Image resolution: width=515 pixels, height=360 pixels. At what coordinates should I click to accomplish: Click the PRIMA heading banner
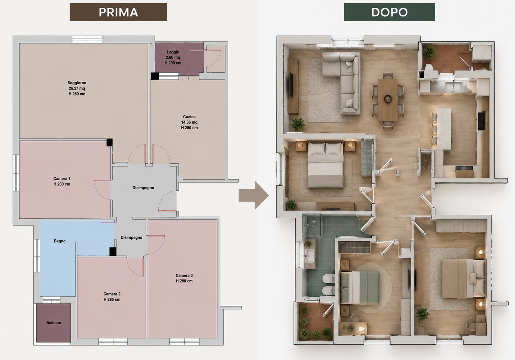118,12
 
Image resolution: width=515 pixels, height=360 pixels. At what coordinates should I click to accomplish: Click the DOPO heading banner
389,12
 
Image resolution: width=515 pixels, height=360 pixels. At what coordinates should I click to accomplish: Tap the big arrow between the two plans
254,196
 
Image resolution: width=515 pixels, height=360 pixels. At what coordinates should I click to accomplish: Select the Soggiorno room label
77,88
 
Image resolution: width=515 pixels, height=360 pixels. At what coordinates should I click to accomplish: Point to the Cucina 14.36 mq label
189,122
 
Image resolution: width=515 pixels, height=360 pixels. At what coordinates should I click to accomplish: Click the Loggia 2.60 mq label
173,58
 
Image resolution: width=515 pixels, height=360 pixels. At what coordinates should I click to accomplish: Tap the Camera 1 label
62,181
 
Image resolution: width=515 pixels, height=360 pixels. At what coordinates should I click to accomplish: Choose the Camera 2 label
112,297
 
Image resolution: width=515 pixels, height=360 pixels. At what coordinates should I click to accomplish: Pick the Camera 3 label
184,278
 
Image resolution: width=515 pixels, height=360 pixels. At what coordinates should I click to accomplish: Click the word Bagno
60,241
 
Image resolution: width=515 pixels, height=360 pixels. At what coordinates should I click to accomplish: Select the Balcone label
54,323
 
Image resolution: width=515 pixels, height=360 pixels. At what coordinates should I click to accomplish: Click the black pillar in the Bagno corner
113,252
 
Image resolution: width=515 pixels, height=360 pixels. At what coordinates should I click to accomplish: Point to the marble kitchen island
444,129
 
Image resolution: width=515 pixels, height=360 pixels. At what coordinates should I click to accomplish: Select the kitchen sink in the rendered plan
453,87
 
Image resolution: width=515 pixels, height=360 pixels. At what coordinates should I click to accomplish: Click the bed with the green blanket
360,288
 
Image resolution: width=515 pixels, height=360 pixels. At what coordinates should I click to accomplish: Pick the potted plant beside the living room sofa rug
298,124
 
